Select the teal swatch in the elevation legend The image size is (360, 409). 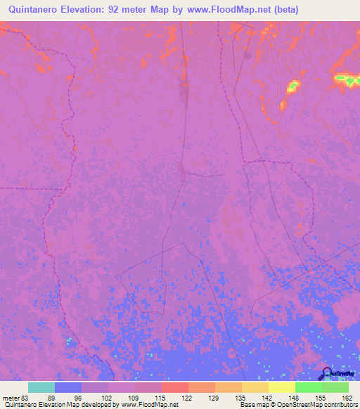pyautogui.click(x=41, y=387)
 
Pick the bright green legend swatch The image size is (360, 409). pyautogui.click(x=309, y=387)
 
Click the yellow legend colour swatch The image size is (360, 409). pyautogui.click(x=282, y=387)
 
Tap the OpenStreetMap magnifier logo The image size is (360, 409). pyautogui.click(x=328, y=373)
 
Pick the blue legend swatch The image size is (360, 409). pyautogui.click(x=68, y=387)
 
